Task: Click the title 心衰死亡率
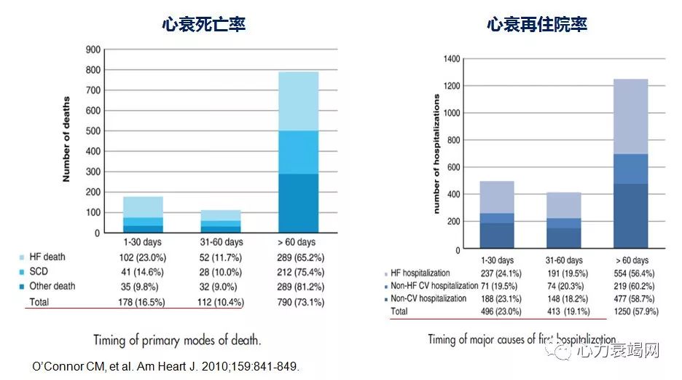coord(203,24)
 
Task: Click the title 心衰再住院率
coord(538,24)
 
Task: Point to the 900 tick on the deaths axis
coord(93,50)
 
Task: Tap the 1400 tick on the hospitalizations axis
coord(451,58)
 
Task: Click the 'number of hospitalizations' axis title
coord(438,154)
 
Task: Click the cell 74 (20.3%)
coord(563,285)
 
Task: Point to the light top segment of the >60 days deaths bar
coord(298,101)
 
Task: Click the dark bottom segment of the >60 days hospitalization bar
coord(631,215)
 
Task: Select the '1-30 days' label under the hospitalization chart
coord(497,260)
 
